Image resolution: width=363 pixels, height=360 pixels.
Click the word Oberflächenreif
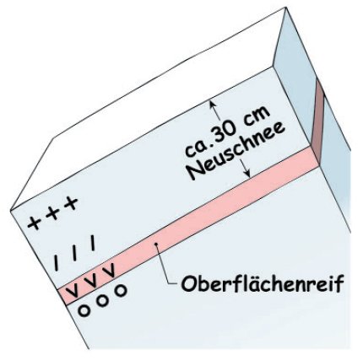pyautogui.click(x=263, y=283)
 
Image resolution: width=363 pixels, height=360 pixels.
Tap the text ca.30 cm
pyautogui.click(x=227, y=132)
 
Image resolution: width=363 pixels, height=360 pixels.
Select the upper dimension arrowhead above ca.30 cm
pyautogui.click(x=213, y=105)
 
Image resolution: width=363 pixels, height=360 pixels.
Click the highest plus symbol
pyautogui.click(x=71, y=203)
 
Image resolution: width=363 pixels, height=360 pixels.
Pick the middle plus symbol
pyautogui.click(x=52, y=213)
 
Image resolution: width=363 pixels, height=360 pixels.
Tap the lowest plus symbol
pyautogui.click(x=34, y=224)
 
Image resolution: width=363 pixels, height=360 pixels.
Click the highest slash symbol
pyautogui.click(x=93, y=243)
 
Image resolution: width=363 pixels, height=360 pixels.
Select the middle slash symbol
pyautogui.click(x=74, y=253)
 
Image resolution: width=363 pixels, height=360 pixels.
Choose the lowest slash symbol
pyautogui.click(x=57, y=263)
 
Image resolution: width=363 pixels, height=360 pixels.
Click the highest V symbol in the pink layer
pyautogui.click(x=109, y=271)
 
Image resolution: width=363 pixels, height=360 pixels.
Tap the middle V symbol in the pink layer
pyautogui.click(x=91, y=280)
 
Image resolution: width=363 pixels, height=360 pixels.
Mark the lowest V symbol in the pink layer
pyautogui.click(x=73, y=290)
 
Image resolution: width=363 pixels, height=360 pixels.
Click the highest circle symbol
pyautogui.click(x=121, y=290)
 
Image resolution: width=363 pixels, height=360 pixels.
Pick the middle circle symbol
pyautogui.click(x=102, y=300)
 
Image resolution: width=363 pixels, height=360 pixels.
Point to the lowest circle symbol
pyautogui.click(x=84, y=310)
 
